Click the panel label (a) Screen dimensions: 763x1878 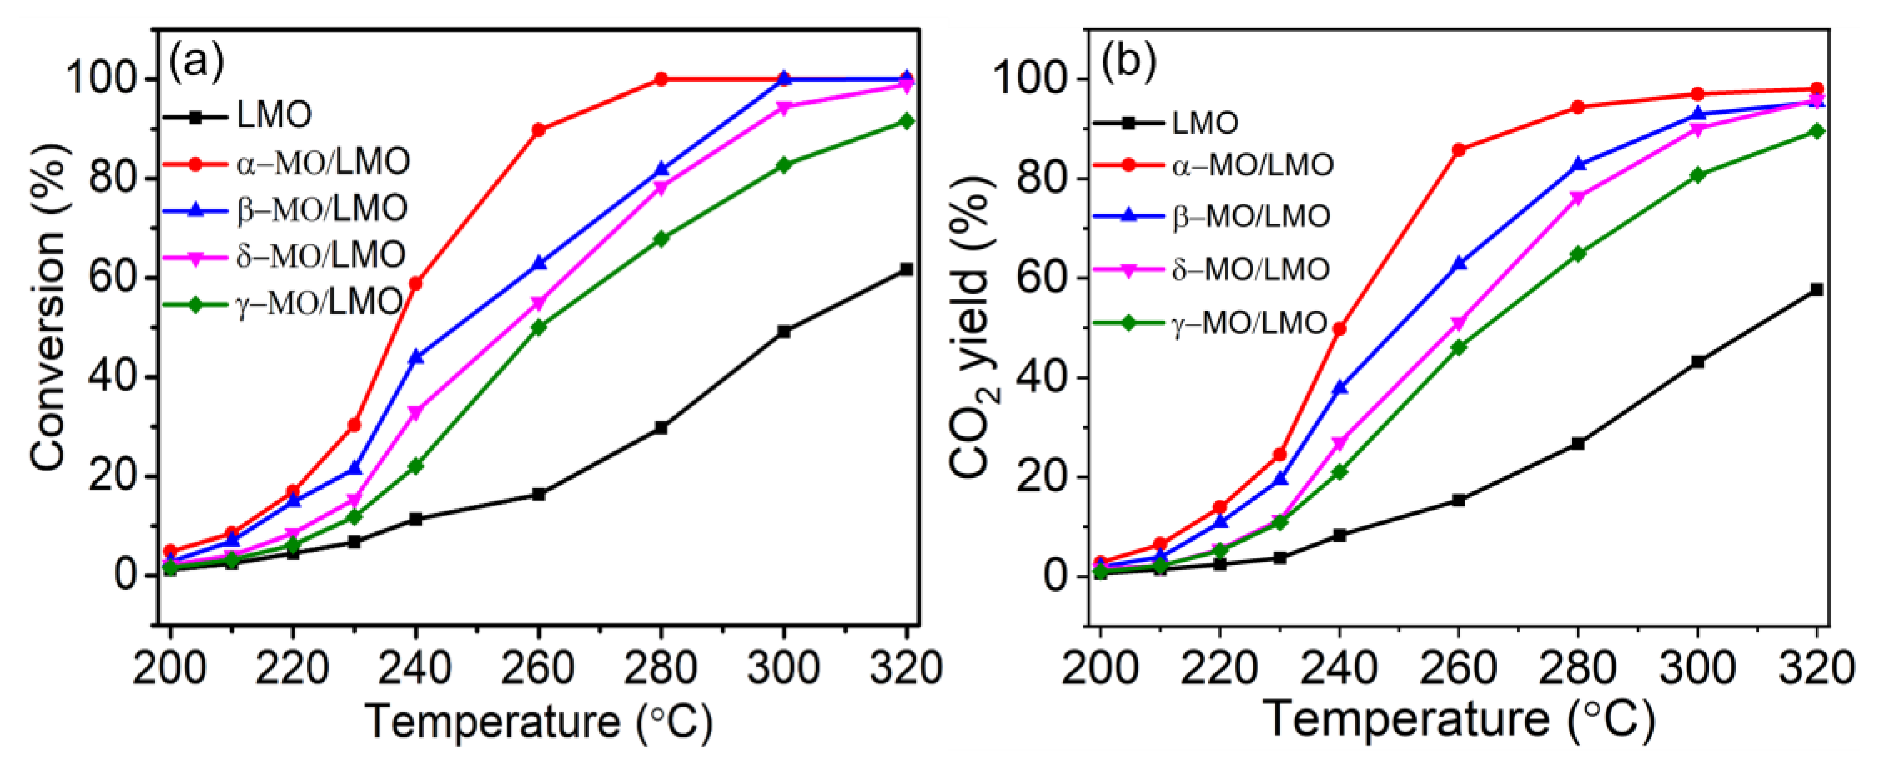point(197,63)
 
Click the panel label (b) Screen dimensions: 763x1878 point(1128,63)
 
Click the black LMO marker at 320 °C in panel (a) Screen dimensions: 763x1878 point(906,269)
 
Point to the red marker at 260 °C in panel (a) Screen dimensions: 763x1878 point(539,130)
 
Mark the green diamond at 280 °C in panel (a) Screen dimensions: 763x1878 point(661,239)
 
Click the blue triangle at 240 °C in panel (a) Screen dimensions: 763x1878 point(417,357)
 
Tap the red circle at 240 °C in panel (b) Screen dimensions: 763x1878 point(1339,329)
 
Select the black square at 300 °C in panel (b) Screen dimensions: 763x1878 point(1697,362)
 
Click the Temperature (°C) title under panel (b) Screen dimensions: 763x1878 point(1458,720)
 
